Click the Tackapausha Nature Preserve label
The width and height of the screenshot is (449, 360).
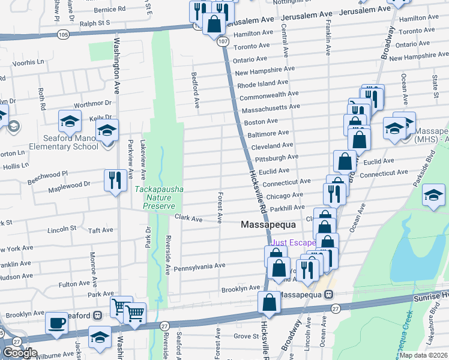point(158,197)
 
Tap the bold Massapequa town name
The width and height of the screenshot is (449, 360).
point(266,224)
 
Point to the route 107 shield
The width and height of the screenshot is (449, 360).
point(223,41)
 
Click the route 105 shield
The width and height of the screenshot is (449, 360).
point(63,34)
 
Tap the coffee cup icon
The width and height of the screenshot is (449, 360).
point(57,323)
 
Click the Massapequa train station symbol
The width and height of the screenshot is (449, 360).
point(328,295)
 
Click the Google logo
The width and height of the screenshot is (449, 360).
point(20,353)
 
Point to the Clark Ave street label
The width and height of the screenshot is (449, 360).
point(188,218)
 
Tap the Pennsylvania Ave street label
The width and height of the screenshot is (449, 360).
point(199,265)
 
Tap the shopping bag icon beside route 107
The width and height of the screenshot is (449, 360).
point(214,25)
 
